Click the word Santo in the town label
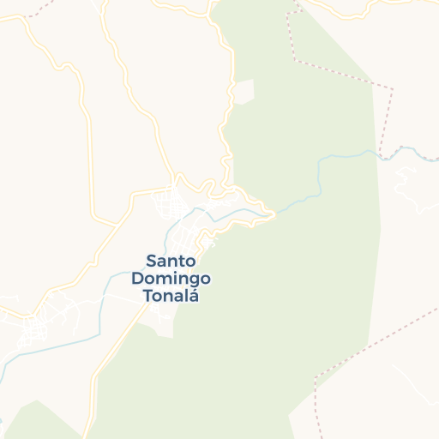[171, 260]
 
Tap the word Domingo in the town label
[171, 279]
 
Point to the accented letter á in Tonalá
[193, 296]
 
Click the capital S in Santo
[151, 260]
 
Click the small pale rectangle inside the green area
[244, 92]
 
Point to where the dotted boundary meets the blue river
[380, 153]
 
